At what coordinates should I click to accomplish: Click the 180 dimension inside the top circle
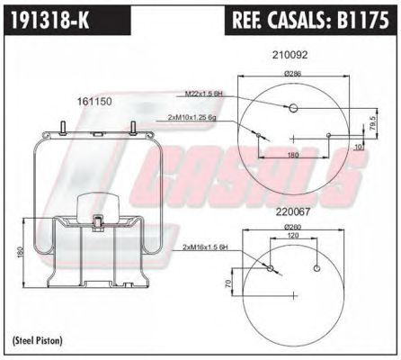292,155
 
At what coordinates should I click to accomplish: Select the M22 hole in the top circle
293,109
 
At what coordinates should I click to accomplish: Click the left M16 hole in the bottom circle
271,267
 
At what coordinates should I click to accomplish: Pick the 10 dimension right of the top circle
357,147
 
